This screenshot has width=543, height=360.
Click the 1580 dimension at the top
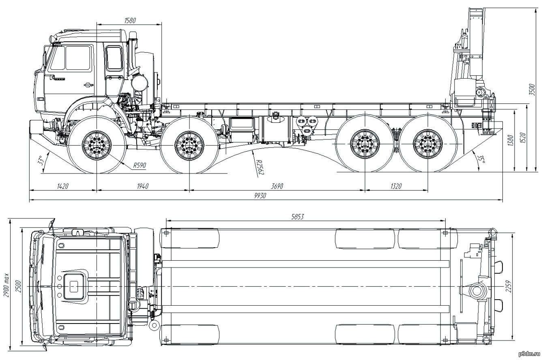pyautogui.click(x=130, y=20)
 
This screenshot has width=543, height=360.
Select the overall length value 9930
pyautogui.click(x=260, y=196)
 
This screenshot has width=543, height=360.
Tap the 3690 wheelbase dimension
pyautogui.click(x=277, y=186)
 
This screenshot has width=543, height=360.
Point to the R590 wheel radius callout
pyautogui.click(x=140, y=165)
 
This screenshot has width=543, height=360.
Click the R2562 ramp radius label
pyautogui.click(x=260, y=167)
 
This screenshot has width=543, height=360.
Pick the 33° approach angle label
pyautogui.click(x=41, y=160)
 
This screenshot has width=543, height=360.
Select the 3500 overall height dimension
pyautogui.click(x=531, y=90)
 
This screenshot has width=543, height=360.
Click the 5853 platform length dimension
pyautogui.click(x=297, y=216)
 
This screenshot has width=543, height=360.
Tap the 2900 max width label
pyautogui.click(x=6, y=285)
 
